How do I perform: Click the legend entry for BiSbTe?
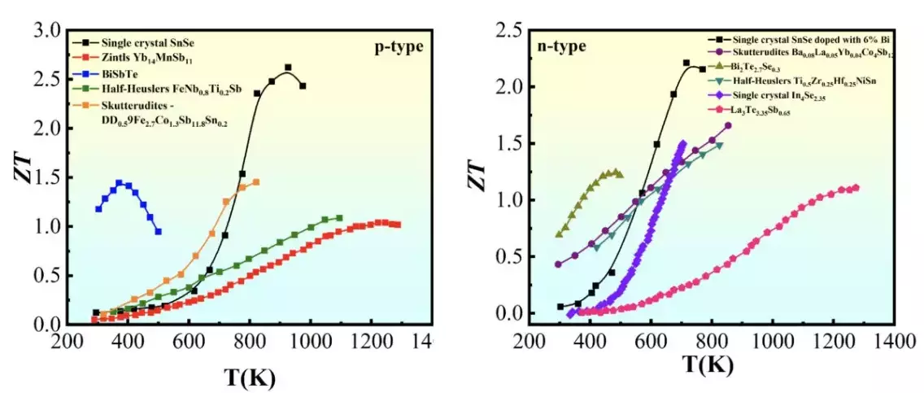(x=122, y=72)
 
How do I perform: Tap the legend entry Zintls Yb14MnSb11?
(x=147, y=57)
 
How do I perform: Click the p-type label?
(x=399, y=46)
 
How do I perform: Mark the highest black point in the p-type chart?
(x=288, y=68)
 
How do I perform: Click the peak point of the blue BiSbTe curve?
(x=119, y=183)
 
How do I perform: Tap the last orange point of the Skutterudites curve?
(x=256, y=182)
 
